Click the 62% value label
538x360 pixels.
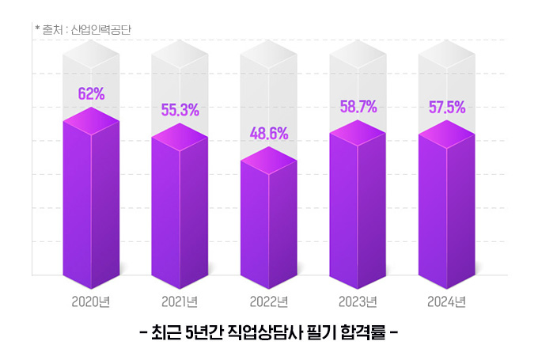click(91, 94)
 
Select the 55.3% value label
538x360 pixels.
click(180, 110)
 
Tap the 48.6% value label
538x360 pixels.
click(268, 132)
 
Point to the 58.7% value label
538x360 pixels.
click(358, 106)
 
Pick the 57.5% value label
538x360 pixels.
click(446, 107)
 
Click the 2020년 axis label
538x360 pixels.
click(90, 301)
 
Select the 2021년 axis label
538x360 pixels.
click(180, 301)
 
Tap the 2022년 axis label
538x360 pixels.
click(268, 301)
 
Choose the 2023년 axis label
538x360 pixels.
click(358, 301)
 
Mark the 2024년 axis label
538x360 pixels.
click(446, 301)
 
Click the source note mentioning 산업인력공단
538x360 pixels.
click(82, 30)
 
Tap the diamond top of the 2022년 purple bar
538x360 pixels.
click(268, 160)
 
